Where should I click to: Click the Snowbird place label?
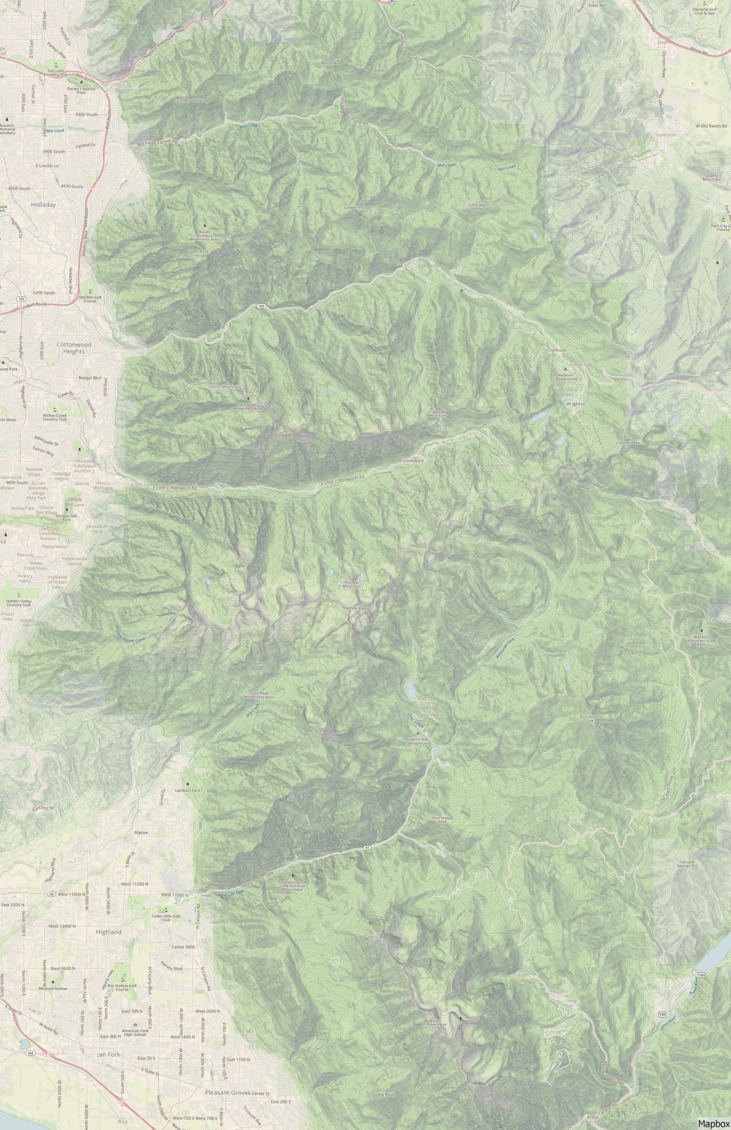pyautogui.click(x=413, y=461)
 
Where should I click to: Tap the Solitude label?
pyautogui.click(x=557, y=350)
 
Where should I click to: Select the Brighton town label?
pyautogui.click(x=576, y=404)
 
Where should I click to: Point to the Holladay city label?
pyautogui.click(x=44, y=205)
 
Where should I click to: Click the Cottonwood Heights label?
pyautogui.click(x=74, y=348)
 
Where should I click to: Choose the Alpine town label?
pyautogui.click(x=140, y=832)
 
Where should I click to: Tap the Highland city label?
pyautogui.click(x=108, y=932)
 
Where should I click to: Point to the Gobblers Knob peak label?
pyautogui.click(x=357, y=208)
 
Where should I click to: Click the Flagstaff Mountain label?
pyautogui.click(x=437, y=414)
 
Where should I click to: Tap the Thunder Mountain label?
pyautogui.click(x=351, y=584)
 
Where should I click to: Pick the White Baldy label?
pyautogui.click(x=357, y=608)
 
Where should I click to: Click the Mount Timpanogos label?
pyautogui.click(x=435, y=1021)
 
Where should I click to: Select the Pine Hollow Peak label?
pyautogui.click(x=442, y=820)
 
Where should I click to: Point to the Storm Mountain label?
pyautogui.click(x=224, y=387)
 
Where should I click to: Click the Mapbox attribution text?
pyautogui.click(x=713, y=1123)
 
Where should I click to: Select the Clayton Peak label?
pyautogui.click(x=628, y=443)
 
